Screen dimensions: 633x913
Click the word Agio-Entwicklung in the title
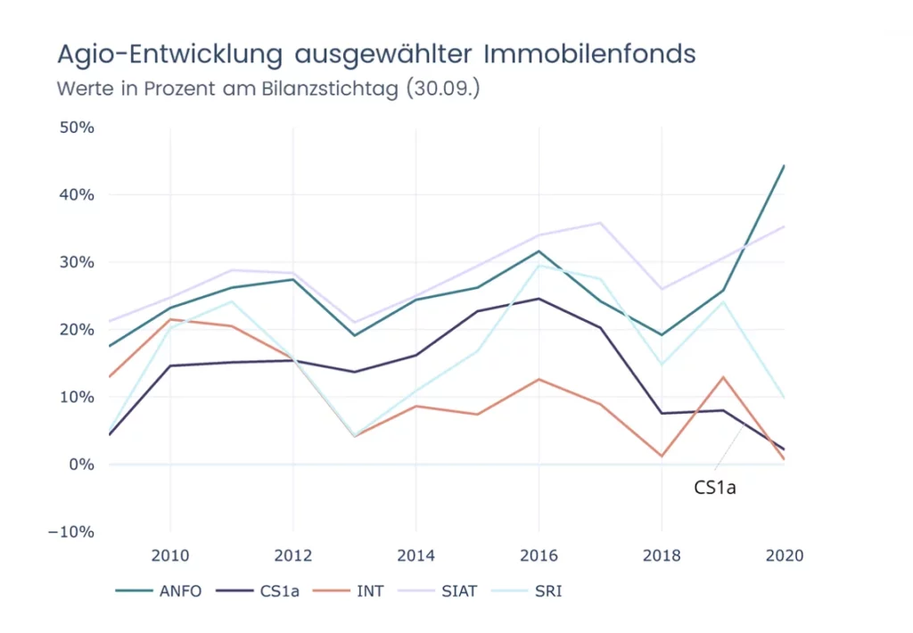pos(169,54)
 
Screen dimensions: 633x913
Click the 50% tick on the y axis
pos(77,127)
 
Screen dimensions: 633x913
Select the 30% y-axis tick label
pos(77,262)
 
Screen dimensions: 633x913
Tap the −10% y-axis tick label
pos(73,532)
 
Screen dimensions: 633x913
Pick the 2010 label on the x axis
pos(169,556)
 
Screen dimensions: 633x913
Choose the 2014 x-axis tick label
pos(415,556)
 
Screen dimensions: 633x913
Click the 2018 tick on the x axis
pos(662,556)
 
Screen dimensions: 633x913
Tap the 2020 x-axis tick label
pos(785,556)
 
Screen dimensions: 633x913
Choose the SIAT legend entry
pos(456,591)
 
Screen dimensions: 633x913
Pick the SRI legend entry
pos(547,591)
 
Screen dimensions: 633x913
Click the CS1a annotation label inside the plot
pos(714,488)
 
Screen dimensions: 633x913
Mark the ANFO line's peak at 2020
pos(784,166)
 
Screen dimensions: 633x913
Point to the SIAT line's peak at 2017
pos(600,223)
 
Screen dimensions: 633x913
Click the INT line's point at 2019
pos(723,377)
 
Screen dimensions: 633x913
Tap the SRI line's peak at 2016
pos(539,265)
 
